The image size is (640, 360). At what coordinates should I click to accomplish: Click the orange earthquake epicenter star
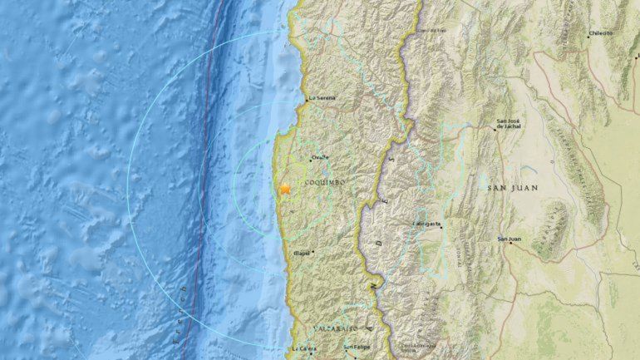coord(285,189)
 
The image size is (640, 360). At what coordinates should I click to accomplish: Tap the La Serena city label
coord(322,98)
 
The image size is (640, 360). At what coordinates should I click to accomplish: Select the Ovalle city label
coord(320,158)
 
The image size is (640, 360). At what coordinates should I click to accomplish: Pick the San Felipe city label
coord(357,348)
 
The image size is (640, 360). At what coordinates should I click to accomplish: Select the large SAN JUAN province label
coord(512,189)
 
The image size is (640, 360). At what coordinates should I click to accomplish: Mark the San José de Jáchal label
coord(510,124)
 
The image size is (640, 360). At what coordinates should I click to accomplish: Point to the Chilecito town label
coord(600,33)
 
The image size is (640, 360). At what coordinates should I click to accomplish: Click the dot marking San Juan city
coord(510,244)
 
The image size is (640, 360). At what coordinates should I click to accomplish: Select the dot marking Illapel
coord(313,252)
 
